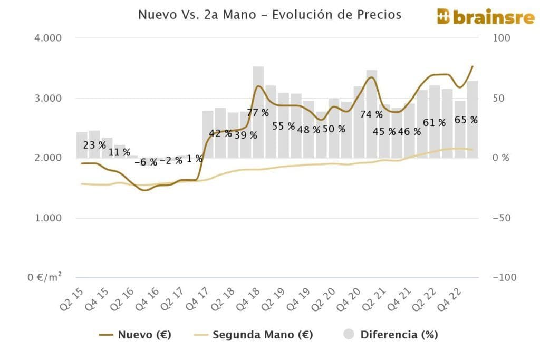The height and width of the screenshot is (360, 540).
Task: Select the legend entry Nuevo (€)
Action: tap(136, 334)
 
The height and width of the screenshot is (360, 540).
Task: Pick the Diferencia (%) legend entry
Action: tap(391, 334)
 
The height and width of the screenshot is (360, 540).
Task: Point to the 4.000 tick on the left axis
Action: tap(49, 38)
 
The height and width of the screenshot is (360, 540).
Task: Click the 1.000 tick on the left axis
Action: tap(49, 218)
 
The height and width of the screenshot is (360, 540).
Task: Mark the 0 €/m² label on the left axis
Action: tap(45, 277)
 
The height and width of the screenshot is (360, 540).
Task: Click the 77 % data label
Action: tap(258, 112)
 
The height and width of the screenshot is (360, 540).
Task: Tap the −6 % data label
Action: tap(146, 162)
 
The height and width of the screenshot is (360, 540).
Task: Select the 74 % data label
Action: tap(371, 114)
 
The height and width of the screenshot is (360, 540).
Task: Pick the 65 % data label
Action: tap(466, 120)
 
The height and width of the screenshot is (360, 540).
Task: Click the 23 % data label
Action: tap(94, 145)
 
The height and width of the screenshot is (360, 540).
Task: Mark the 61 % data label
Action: tap(434, 122)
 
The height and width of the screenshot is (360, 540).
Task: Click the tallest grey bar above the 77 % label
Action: tap(258, 87)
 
